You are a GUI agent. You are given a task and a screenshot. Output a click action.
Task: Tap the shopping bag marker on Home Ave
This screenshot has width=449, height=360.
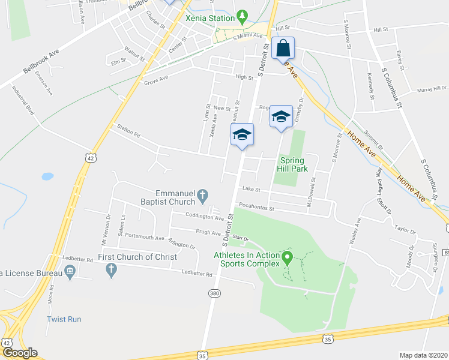coord(283,48)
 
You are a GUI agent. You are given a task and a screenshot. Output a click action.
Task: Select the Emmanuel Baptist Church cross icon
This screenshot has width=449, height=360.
coord(203,195)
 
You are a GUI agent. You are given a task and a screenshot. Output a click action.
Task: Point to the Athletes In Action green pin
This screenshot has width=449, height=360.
coord(288,258)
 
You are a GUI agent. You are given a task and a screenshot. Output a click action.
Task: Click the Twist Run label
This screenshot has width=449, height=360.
coord(64,319)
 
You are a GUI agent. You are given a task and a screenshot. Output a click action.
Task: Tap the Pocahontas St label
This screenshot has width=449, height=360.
coord(256,208)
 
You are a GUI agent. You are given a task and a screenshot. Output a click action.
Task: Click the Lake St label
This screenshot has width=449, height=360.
coord(250,190)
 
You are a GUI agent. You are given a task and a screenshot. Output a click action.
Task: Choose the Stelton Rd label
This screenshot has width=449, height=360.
coord(128,131)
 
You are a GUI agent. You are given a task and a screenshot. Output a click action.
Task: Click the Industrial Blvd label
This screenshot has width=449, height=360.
coord(23,100)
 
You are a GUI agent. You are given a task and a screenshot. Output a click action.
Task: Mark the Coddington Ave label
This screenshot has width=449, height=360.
coord(204,217)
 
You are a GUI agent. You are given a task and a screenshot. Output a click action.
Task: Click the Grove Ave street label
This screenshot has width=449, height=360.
coord(155,80)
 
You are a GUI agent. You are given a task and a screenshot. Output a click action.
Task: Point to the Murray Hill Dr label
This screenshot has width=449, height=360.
coord(432,89)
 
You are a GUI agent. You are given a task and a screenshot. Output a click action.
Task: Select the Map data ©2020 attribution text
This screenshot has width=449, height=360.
coord(423,355)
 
